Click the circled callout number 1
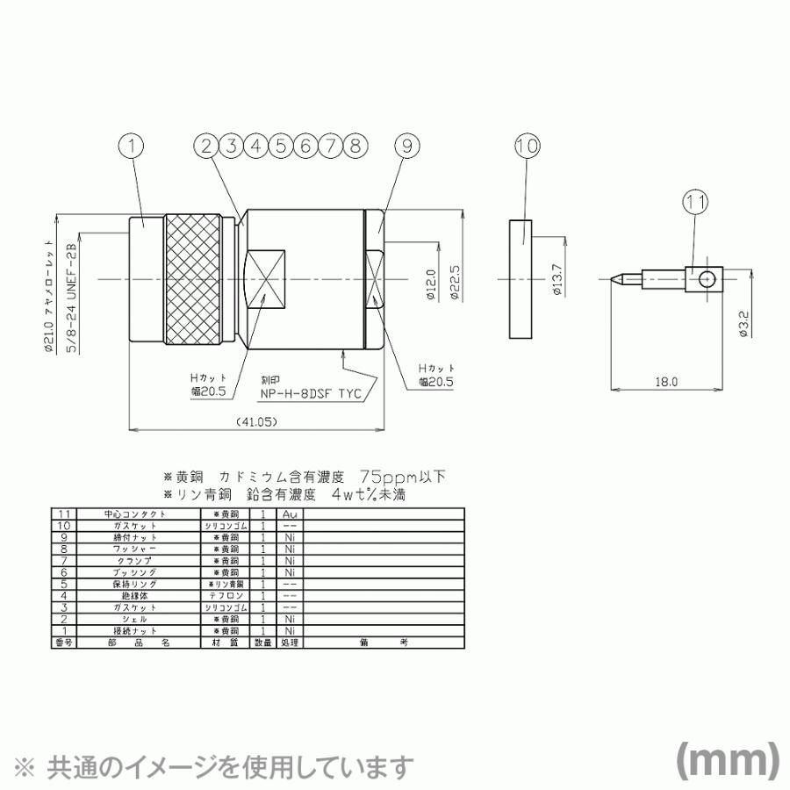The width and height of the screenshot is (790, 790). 130,147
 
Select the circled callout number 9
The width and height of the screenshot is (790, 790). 405,147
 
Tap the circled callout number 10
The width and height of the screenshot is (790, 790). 527,147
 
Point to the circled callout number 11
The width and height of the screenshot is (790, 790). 696,202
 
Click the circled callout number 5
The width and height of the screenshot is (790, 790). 280,147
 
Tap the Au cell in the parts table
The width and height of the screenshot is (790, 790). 289,513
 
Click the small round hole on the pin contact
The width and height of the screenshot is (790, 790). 707,281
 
